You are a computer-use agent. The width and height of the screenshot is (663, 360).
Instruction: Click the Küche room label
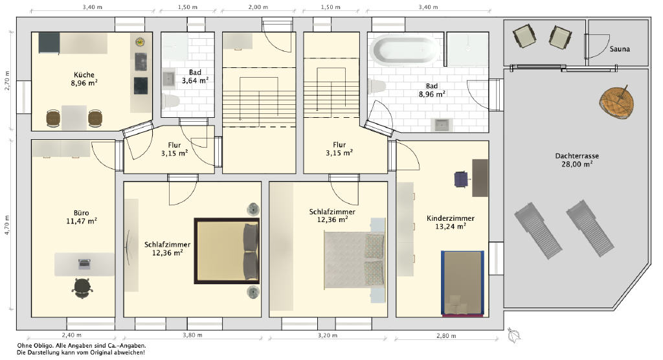click(x=84, y=75)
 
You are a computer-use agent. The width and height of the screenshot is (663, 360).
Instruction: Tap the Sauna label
click(x=620, y=49)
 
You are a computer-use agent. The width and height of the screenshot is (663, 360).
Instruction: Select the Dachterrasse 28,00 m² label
click(x=577, y=160)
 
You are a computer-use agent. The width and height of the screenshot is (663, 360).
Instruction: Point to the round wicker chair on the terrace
click(x=617, y=102)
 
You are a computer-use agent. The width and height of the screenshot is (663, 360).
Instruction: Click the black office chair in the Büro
click(x=82, y=288)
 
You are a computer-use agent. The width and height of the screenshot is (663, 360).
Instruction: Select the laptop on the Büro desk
click(x=84, y=264)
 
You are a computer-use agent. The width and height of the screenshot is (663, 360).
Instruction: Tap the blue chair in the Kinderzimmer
click(x=462, y=179)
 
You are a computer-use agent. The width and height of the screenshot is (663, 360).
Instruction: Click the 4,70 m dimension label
click(x=7, y=225)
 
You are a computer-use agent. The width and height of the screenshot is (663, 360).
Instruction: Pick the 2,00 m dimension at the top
click(x=258, y=7)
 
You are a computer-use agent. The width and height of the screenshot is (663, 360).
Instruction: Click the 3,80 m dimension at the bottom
click(x=192, y=335)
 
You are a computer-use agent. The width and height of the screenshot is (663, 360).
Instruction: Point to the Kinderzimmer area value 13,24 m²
click(x=451, y=227)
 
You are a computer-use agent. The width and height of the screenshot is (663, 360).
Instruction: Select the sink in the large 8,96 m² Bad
click(x=442, y=125)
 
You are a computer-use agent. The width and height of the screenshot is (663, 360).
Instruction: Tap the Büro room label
click(x=81, y=213)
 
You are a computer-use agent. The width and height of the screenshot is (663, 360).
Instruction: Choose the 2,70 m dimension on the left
click(x=7, y=80)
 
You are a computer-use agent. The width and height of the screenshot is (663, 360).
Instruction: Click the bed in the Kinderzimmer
click(x=462, y=283)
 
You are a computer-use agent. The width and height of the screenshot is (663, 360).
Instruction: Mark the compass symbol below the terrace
click(x=514, y=335)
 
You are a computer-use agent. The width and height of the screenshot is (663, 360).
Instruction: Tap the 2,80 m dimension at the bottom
click(x=446, y=336)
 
